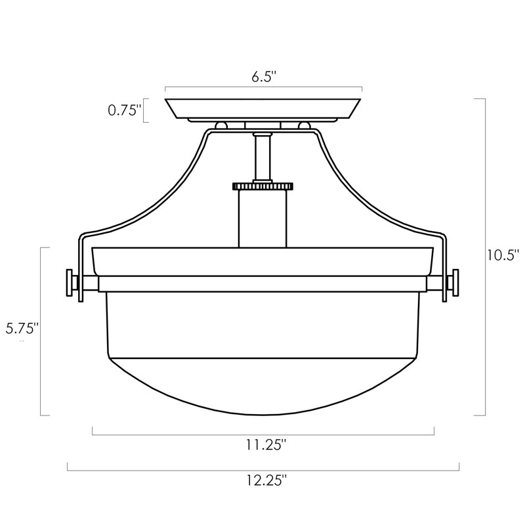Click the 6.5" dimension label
(x=264, y=77)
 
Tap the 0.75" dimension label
(x=123, y=110)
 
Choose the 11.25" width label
(x=266, y=445)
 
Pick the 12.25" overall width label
(x=267, y=480)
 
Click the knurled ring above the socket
(x=262, y=186)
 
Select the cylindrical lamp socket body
(x=262, y=219)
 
